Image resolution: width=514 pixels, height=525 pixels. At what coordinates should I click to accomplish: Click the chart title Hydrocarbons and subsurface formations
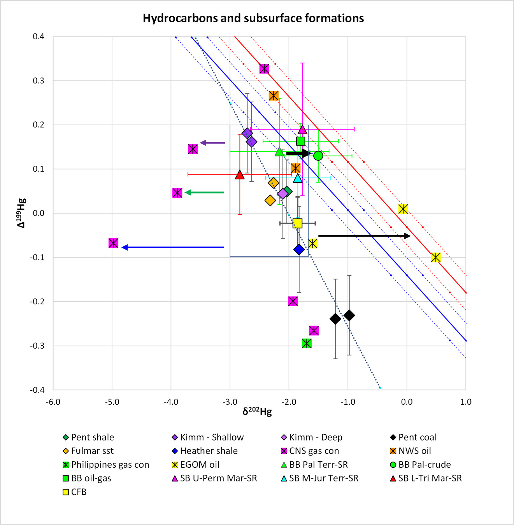[x=253, y=18]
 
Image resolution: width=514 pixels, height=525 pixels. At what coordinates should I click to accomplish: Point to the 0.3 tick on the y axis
[x=38, y=81]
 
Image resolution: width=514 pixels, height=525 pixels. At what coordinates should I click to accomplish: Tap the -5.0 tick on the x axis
[x=112, y=402]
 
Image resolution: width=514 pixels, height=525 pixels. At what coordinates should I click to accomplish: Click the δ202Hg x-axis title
[x=257, y=411]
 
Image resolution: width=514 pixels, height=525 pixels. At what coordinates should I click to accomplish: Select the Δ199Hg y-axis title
[x=21, y=213]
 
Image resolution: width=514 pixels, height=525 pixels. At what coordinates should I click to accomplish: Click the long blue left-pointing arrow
[x=173, y=247]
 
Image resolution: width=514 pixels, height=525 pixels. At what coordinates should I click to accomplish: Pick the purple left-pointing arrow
[x=212, y=143]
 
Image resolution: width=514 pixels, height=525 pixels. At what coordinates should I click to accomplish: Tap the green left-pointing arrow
[x=204, y=192]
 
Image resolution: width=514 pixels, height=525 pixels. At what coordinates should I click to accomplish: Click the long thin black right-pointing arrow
[x=364, y=236]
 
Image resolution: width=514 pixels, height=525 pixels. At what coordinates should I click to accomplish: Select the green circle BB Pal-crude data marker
[x=318, y=156]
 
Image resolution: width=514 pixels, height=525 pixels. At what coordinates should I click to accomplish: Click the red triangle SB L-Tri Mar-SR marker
[x=240, y=175]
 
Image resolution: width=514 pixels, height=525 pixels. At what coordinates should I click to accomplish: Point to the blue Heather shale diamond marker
[x=299, y=249]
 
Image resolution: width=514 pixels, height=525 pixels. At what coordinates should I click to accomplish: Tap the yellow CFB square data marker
[x=297, y=223]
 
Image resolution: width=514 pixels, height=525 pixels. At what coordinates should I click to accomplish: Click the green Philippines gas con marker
[x=307, y=343]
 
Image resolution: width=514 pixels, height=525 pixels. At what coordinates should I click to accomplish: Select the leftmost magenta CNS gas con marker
[x=113, y=243]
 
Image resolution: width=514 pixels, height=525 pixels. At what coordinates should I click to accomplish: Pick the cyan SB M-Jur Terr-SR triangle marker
[x=298, y=178]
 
